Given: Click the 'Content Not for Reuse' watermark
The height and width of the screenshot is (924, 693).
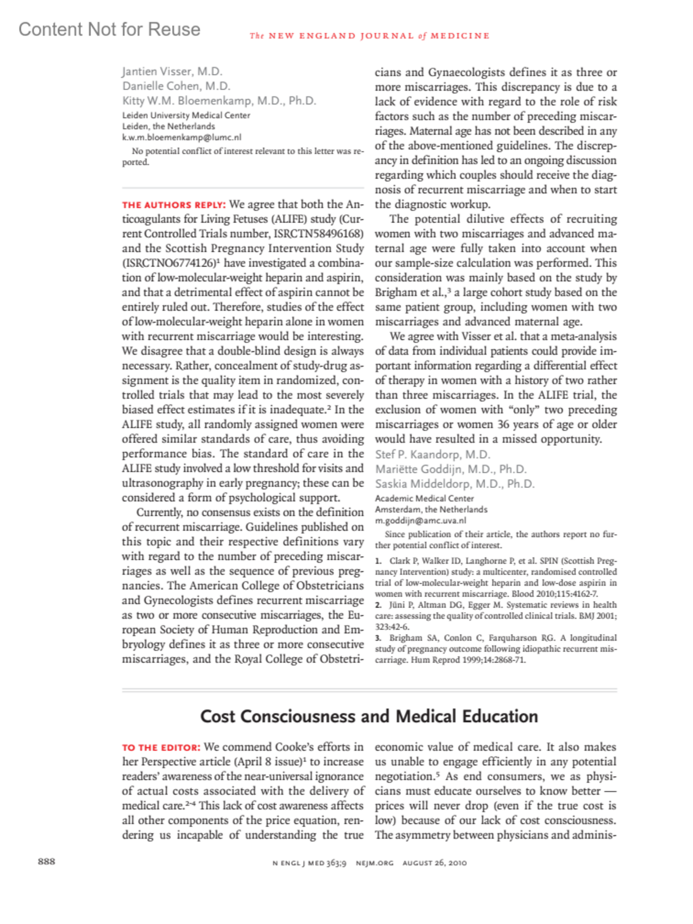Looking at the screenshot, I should coord(110,29).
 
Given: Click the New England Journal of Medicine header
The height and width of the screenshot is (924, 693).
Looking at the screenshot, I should coord(370,36).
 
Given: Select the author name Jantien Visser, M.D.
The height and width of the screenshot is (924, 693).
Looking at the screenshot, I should coord(172,72).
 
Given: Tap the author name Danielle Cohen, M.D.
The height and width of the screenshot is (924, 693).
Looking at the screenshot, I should coord(176,86).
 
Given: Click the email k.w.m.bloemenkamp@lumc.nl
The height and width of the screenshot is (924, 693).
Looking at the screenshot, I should coord(181,137).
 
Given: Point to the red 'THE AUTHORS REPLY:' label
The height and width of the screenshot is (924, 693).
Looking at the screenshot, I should coord(173,205).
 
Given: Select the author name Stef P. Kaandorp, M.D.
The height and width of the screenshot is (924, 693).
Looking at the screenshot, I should coord(433,454).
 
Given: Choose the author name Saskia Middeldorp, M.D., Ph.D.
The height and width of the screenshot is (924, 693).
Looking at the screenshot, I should coord(454,484).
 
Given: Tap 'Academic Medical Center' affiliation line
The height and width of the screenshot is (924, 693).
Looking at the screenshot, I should coord(424,498).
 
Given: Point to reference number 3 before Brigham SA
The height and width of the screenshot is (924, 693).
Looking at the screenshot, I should coord(378,638).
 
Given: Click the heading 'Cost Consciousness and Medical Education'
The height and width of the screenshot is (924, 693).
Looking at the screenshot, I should coord(369,716).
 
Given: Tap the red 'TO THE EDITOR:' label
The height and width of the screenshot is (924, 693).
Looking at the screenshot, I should coord(161,748).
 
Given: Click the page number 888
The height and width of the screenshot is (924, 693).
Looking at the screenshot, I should coord(47,862).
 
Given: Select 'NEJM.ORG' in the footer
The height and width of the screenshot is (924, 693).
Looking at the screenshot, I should coord(374,863).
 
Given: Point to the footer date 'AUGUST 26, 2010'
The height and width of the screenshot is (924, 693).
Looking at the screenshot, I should coord(434,863).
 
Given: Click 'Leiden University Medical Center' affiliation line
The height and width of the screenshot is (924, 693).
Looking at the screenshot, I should coord(186,115).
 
